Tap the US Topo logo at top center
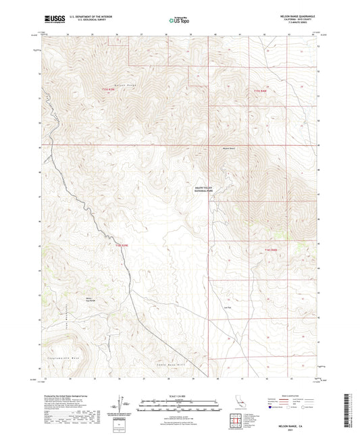(x=178, y=21)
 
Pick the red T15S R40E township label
(x=261, y=90)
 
